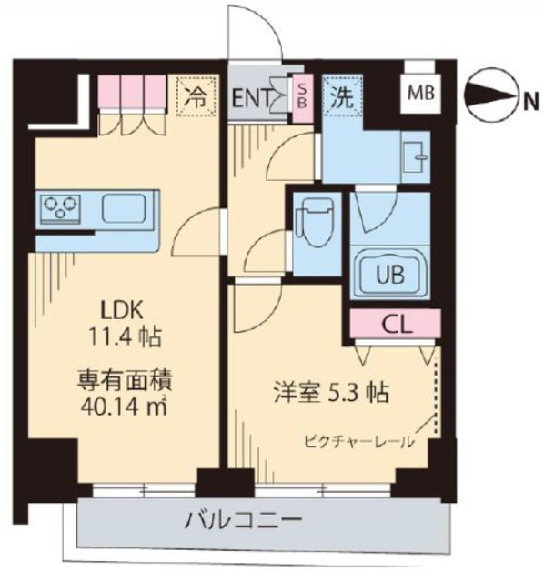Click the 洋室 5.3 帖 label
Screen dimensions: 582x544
(335, 394)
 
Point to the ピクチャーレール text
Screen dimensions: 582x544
(359, 443)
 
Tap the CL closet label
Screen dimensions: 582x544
(395, 323)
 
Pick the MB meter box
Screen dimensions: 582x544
(419, 91)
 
